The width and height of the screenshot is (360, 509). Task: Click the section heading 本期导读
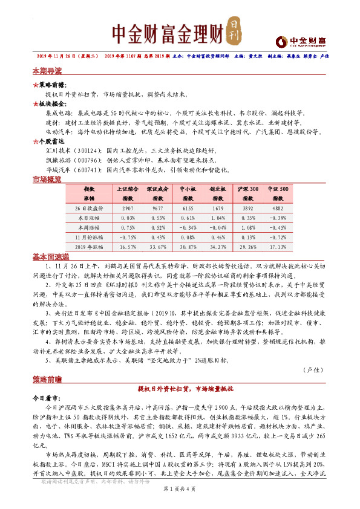47,71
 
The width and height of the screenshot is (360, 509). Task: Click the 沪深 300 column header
248,193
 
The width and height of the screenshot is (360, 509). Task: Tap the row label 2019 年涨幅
89,247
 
